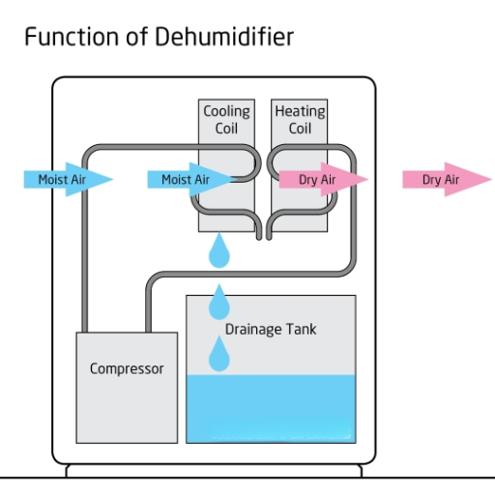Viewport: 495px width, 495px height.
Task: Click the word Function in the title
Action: point(65,38)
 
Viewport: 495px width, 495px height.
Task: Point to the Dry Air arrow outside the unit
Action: point(444,180)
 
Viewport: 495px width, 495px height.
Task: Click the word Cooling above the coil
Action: point(226,111)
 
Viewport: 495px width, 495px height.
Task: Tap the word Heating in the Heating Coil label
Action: point(300,111)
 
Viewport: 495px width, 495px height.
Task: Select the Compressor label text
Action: point(127,368)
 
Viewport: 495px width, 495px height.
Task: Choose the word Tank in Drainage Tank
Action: point(301,330)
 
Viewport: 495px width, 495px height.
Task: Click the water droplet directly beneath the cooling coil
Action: point(221,252)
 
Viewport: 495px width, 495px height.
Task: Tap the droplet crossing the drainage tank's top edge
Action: point(221,302)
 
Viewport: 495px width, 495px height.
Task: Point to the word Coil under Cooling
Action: point(226,129)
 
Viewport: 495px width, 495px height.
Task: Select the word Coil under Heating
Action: point(300,129)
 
